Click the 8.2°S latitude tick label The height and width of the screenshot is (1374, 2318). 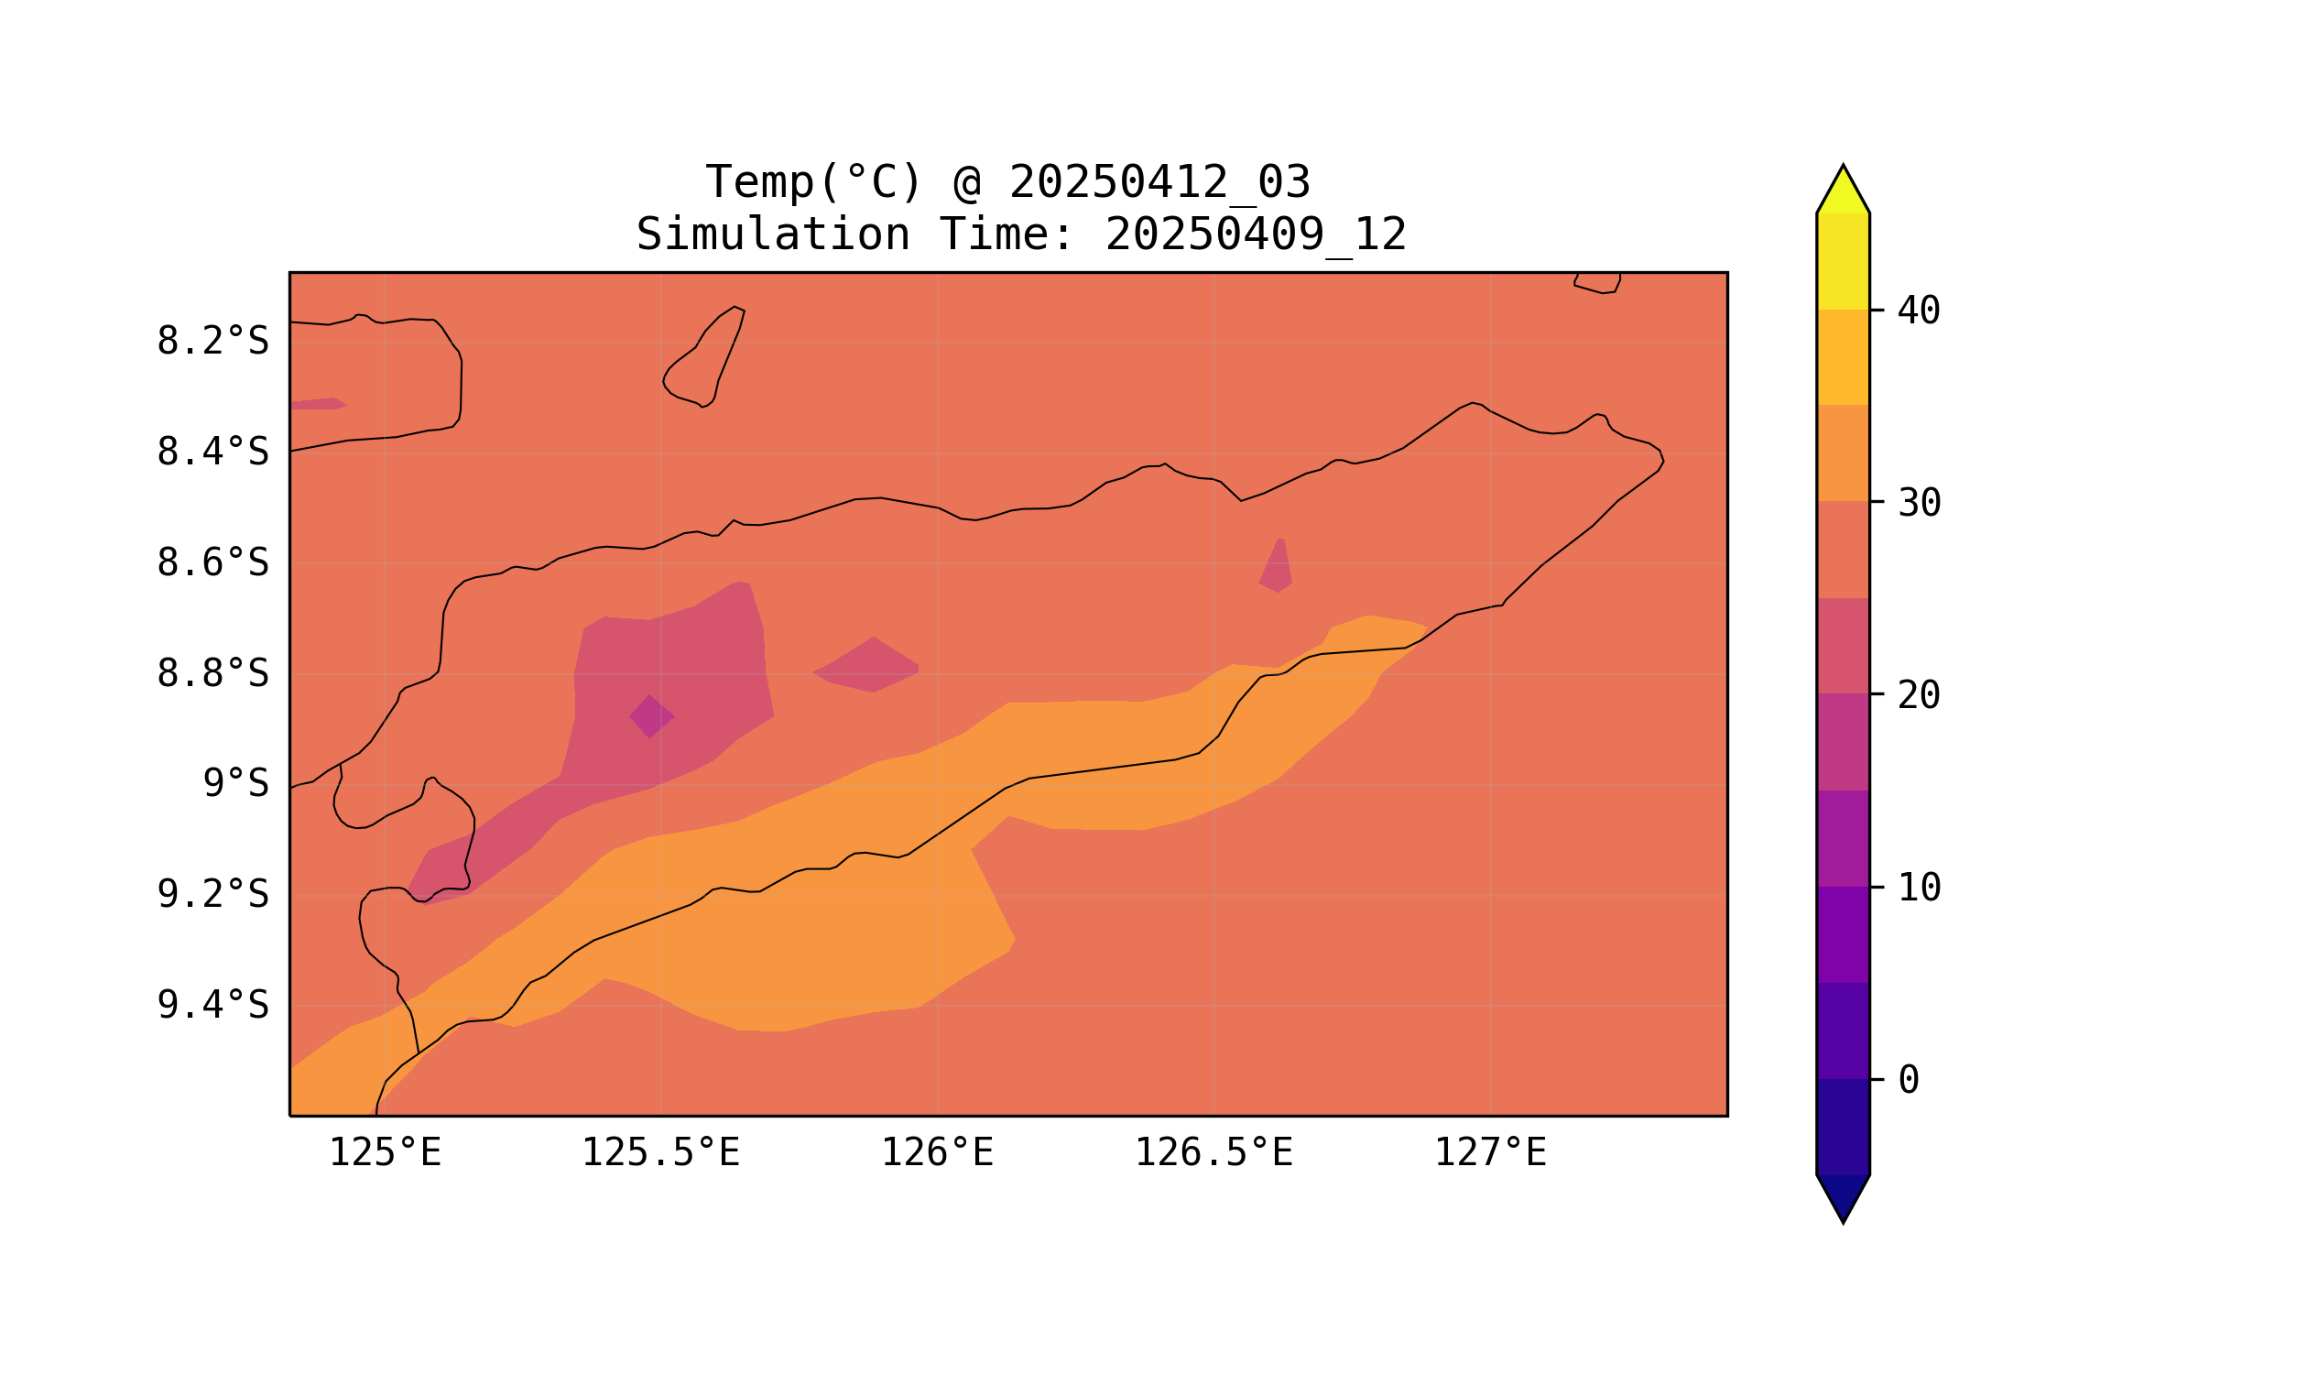tap(212, 342)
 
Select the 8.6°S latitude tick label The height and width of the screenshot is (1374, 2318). tap(212, 563)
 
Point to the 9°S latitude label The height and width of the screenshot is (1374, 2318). tap(235, 784)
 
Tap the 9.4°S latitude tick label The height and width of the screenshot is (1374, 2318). tap(212, 1005)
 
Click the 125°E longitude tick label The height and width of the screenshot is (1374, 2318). tap(385, 1153)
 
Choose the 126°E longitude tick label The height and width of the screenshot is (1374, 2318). tap(937, 1153)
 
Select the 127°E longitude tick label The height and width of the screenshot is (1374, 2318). tap(1489, 1153)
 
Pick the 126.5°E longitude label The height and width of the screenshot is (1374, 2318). tap(1213, 1153)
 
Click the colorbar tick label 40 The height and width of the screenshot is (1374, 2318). tap(1918, 311)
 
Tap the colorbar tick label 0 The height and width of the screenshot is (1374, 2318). tap(1908, 1081)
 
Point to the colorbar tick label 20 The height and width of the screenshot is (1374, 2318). tap(1918, 695)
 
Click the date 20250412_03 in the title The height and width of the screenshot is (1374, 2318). tap(1159, 182)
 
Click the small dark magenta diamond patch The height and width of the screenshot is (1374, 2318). tap(651, 716)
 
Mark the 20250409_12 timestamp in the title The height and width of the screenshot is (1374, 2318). tap(1256, 235)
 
